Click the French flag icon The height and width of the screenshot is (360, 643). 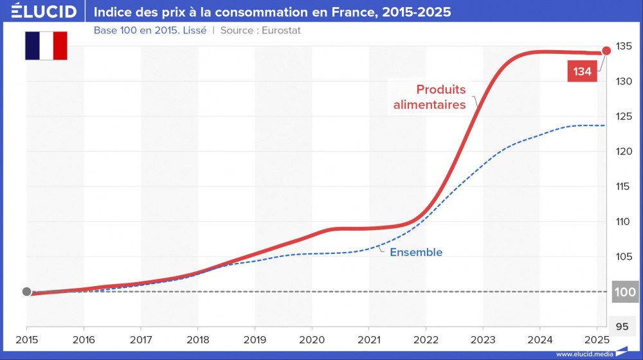46,46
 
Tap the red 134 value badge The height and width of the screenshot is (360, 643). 582,71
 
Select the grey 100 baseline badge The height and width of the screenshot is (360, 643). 625,292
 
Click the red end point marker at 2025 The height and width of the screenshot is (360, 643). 606,51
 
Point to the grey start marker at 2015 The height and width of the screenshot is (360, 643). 26,291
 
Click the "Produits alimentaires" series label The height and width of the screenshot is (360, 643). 430,97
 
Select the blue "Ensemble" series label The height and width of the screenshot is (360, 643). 416,252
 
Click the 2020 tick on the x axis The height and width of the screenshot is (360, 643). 312,339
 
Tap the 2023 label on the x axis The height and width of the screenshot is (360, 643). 483,339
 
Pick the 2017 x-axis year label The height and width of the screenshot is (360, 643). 141,339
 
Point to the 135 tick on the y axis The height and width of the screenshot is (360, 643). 623,46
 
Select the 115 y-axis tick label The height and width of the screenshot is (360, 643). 623,186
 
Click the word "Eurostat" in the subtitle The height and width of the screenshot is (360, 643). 281,30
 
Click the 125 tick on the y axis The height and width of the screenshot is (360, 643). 623,116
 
